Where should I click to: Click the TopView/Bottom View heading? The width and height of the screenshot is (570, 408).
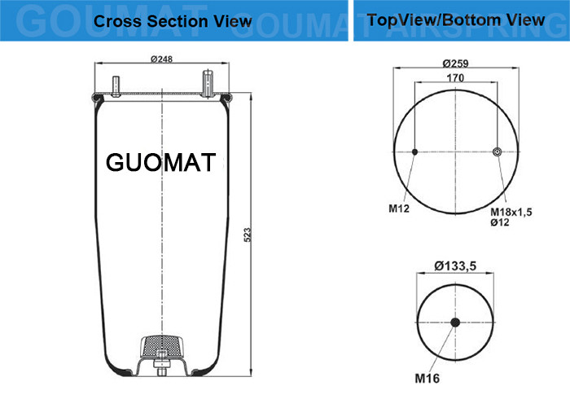point(456,20)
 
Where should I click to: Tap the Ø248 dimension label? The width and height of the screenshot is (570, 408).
point(162,59)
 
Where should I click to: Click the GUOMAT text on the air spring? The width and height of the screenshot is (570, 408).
point(161,162)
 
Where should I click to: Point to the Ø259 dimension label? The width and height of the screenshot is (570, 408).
point(456,63)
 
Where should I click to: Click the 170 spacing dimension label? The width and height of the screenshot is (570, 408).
point(455,78)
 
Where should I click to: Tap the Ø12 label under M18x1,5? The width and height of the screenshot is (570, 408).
point(499,222)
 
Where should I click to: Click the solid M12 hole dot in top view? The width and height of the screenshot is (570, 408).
point(414,152)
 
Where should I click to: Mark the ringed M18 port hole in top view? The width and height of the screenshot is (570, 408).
point(497,152)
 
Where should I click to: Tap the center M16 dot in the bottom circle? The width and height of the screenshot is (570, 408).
point(455,322)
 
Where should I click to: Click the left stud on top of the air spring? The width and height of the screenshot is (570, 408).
point(117,87)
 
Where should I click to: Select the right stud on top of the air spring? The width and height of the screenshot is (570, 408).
point(207,85)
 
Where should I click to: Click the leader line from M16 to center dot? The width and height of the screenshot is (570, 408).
point(442,349)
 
